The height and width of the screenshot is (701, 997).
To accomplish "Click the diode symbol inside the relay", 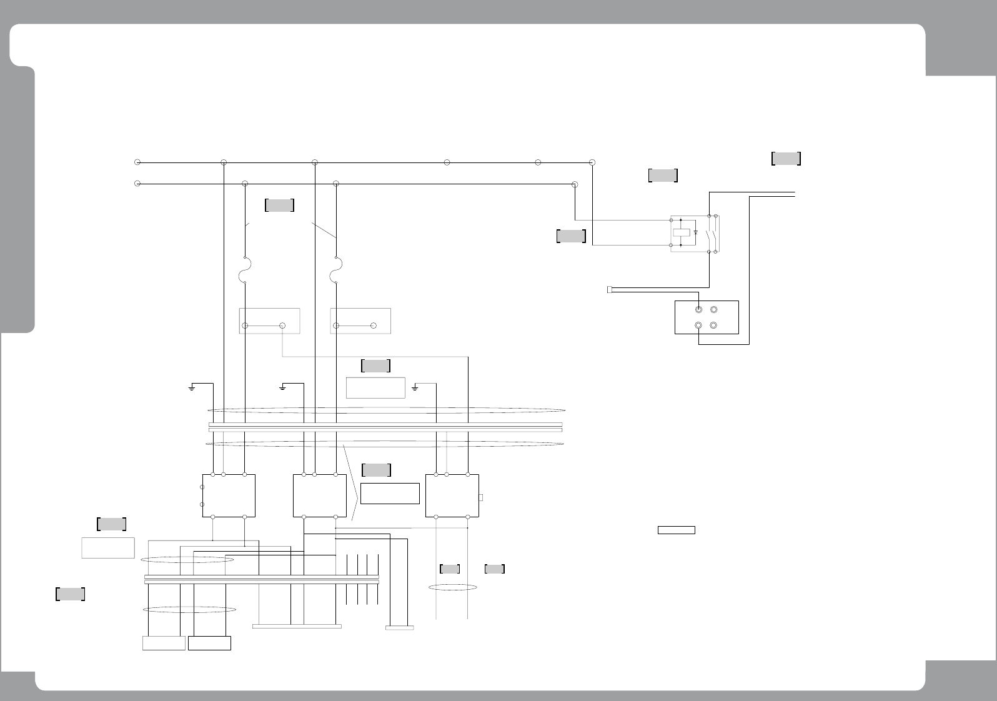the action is coord(695,232).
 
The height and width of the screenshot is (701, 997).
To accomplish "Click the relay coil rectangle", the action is coord(682,232).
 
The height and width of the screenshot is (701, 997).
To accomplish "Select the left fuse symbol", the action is coord(245,271).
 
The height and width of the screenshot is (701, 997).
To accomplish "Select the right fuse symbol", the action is coord(336,271).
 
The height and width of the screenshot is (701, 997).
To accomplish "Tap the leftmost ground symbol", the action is coord(192,388).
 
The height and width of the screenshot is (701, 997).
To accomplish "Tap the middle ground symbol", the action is coord(283,388).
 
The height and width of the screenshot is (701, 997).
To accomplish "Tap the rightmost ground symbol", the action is coord(415,388).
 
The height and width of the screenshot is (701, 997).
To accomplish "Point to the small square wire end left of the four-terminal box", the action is coord(609,289).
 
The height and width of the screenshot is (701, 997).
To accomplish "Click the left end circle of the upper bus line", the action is coord(137,162).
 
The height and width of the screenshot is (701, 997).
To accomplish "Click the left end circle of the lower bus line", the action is coord(137,184).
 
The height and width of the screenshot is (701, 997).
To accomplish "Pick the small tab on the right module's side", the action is coord(481,497).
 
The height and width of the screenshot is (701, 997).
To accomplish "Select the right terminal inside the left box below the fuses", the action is coord(282,326).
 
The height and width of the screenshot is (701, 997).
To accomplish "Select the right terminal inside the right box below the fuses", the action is coord(373,326).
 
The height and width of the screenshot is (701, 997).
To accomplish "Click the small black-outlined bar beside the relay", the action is coord(677,530).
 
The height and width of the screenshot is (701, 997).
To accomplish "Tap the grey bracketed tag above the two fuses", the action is coord(279,205).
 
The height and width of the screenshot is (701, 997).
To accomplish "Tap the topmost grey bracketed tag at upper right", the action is coord(786,158).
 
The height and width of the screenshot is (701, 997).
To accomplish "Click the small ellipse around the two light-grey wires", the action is coord(452,587).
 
